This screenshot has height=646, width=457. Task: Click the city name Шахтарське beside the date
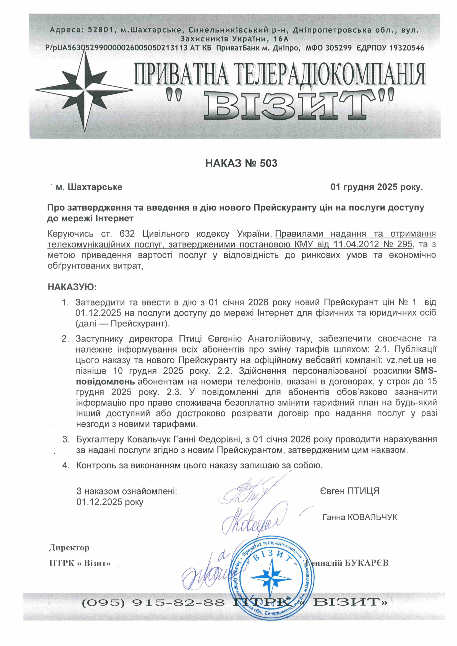coord(95,187)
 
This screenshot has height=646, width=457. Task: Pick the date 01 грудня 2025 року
coord(377,187)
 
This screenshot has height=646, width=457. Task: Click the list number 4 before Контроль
coord(66,465)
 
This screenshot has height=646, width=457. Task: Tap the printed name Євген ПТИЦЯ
coord(349,491)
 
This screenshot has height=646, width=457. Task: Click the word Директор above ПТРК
coord(69,548)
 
